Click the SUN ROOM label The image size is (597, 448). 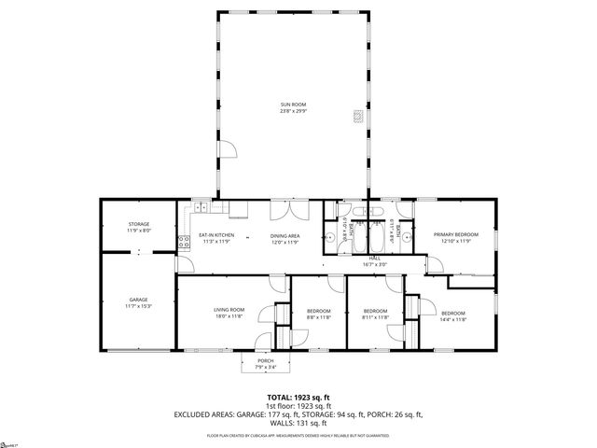click(293, 105)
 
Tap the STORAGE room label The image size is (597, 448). click(139, 224)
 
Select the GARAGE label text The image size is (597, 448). click(139, 300)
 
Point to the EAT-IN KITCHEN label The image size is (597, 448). click(216, 235)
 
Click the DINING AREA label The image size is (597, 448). click(285, 235)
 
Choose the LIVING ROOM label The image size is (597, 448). click(229, 310)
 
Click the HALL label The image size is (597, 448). click(374, 259)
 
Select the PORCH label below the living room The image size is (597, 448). click(266, 361)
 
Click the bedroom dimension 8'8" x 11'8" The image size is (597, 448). click(320, 317)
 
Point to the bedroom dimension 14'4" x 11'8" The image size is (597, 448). click(453, 318)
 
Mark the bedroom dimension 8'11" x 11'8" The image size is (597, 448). click(375, 317)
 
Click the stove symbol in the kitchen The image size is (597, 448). click(184, 244)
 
